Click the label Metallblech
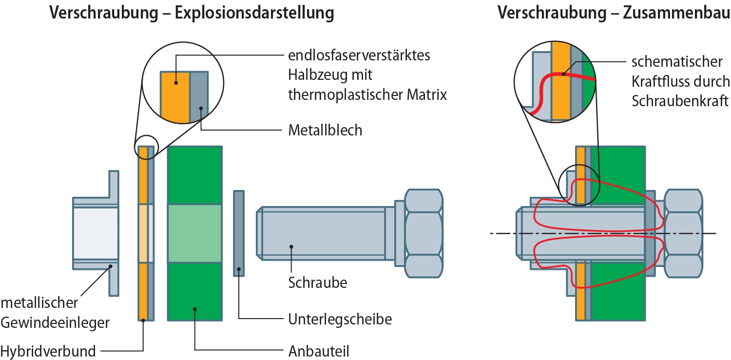click(325, 130)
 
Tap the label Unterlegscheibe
click(340, 320)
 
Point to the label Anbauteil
click(319, 351)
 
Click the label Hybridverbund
click(48, 351)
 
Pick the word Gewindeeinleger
click(55, 322)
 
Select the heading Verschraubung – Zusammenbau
click(614, 13)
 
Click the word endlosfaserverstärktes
click(359, 55)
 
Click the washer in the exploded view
click(238, 233)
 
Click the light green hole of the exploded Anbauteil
click(194, 233)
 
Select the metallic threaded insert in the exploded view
click(96, 233)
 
